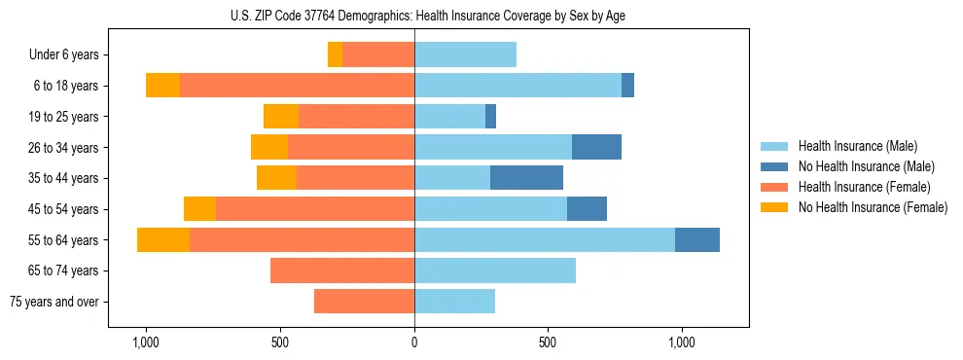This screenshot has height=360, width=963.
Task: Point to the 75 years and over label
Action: pos(54,302)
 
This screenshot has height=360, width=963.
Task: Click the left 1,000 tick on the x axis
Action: pos(146,342)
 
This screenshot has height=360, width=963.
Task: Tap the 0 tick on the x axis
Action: pos(414,342)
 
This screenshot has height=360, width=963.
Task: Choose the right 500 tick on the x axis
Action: pos(548,342)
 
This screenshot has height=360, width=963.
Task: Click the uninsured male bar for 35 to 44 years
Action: pos(526,178)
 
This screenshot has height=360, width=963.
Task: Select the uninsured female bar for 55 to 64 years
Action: pos(163,239)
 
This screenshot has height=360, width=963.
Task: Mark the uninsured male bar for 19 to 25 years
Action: pos(490,117)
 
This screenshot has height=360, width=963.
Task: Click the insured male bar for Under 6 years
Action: pos(465,55)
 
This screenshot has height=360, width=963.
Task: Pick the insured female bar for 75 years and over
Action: pos(364,302)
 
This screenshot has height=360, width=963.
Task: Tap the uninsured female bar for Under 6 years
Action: pos(335,55)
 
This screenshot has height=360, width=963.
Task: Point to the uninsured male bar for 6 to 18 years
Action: pos(627,86)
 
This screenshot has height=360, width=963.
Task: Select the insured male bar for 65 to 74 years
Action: pos(495,270)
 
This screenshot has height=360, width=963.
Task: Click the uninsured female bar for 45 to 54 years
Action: pos(199,209)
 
